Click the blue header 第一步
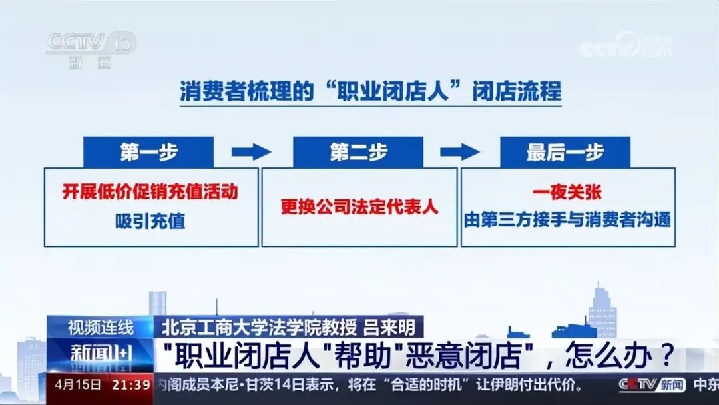pos(148,152)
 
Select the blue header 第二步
pos(358,152)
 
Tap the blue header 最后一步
pos(565,152)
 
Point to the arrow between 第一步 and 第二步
pos(251,152)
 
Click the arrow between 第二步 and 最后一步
pos(459,152)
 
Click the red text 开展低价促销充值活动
pos(150,193)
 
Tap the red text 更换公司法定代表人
pos(359,206)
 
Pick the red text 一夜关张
pos(567,193)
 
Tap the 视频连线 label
pos(101,328)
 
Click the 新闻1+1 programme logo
pos(101,354)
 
